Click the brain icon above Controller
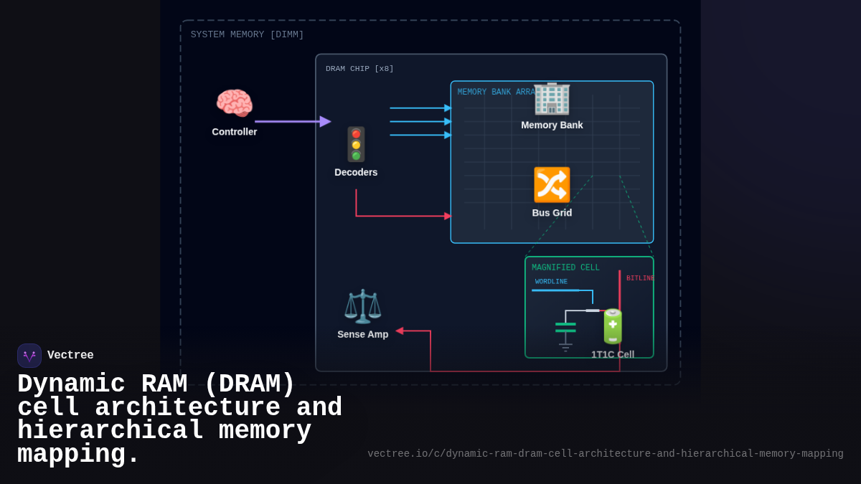pyautogui.click(x=234, y=103)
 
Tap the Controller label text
pyautogui.click(x=234, y=132)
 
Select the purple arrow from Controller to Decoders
pyautogui.click(x=291, y=122)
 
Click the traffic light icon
pyautogui.click(x=356, y=144)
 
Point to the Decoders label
pyautogui.click(x=356, y=173)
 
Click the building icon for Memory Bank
pyautogui.click(x=552, y=98)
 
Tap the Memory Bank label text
pyautogui.click(x=552, y=125)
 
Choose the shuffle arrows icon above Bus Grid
pyautogui.click(x=552, y=185)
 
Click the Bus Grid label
pyautogui.click(x=552, y=213)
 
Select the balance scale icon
pyautogui.click(x=362, y=306)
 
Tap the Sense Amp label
pyautogui.click(x=362, y=334)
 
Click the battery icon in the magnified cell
pyautogui.click(x=613, y=326)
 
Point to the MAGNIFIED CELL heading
pyautogui.click(x=565, y=268)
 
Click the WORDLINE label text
pyautogui.click(x=551, y=282)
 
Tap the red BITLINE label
pyautogui.click(x=639, y=278)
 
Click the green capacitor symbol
pyautogui.click(x=565, y=328)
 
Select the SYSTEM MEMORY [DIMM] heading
pyautogui.click(x=247, y=35)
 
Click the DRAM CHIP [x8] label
pyautogui.click(x=359, y=69)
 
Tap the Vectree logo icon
pyautogui.click(x=29, y=356)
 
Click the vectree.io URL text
pyautogui.click(x=605, y=454)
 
